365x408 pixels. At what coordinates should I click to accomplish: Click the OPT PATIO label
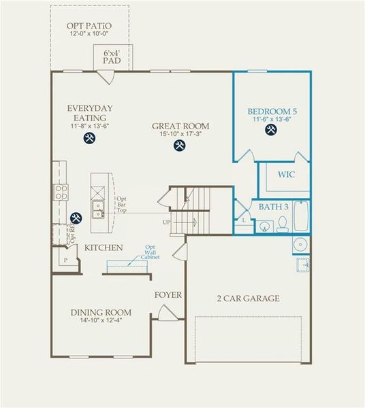pyautogui.click(x=90, y=26)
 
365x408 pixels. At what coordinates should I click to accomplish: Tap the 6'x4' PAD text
pyautogui.click(x=112, y=56)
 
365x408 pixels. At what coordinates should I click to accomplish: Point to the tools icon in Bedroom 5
pyautogui.click(x=271, y=130)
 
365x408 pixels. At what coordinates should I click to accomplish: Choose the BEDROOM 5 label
pyautogui.click(x=272, y=111)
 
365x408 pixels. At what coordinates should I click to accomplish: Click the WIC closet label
pyautogui.click(x=286, y=175)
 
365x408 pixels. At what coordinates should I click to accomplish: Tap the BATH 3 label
pyautogui.click(x=274, y=205)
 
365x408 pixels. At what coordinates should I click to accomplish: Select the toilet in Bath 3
pyautogui.click(x=282, y=224)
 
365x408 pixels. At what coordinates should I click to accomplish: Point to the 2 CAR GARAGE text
pyautogui.click(x=248, y=299)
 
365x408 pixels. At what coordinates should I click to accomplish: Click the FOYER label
pyautogui.click(x=168, y=295)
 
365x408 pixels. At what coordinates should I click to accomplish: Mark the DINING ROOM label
pyautogui.click(x=101, y=313)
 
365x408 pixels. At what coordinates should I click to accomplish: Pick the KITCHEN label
pyautogui.click(x=104, y=248)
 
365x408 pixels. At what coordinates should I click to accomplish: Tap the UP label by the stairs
pyautogui.click(x=167, y=222)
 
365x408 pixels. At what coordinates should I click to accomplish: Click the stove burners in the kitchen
pyautogui.click(x=61, y=192)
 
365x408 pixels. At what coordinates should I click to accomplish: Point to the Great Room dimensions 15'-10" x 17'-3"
pyautogui.click(x=180, y=134)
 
